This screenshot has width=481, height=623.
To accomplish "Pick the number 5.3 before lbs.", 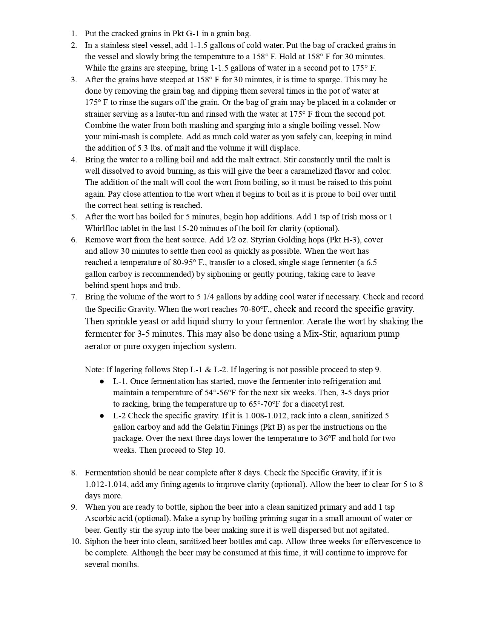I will click(x=144, y=148).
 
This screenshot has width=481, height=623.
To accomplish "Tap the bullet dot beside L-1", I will click(x=102, y=381).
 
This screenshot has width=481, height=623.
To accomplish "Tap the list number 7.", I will click(x=74, y=297).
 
